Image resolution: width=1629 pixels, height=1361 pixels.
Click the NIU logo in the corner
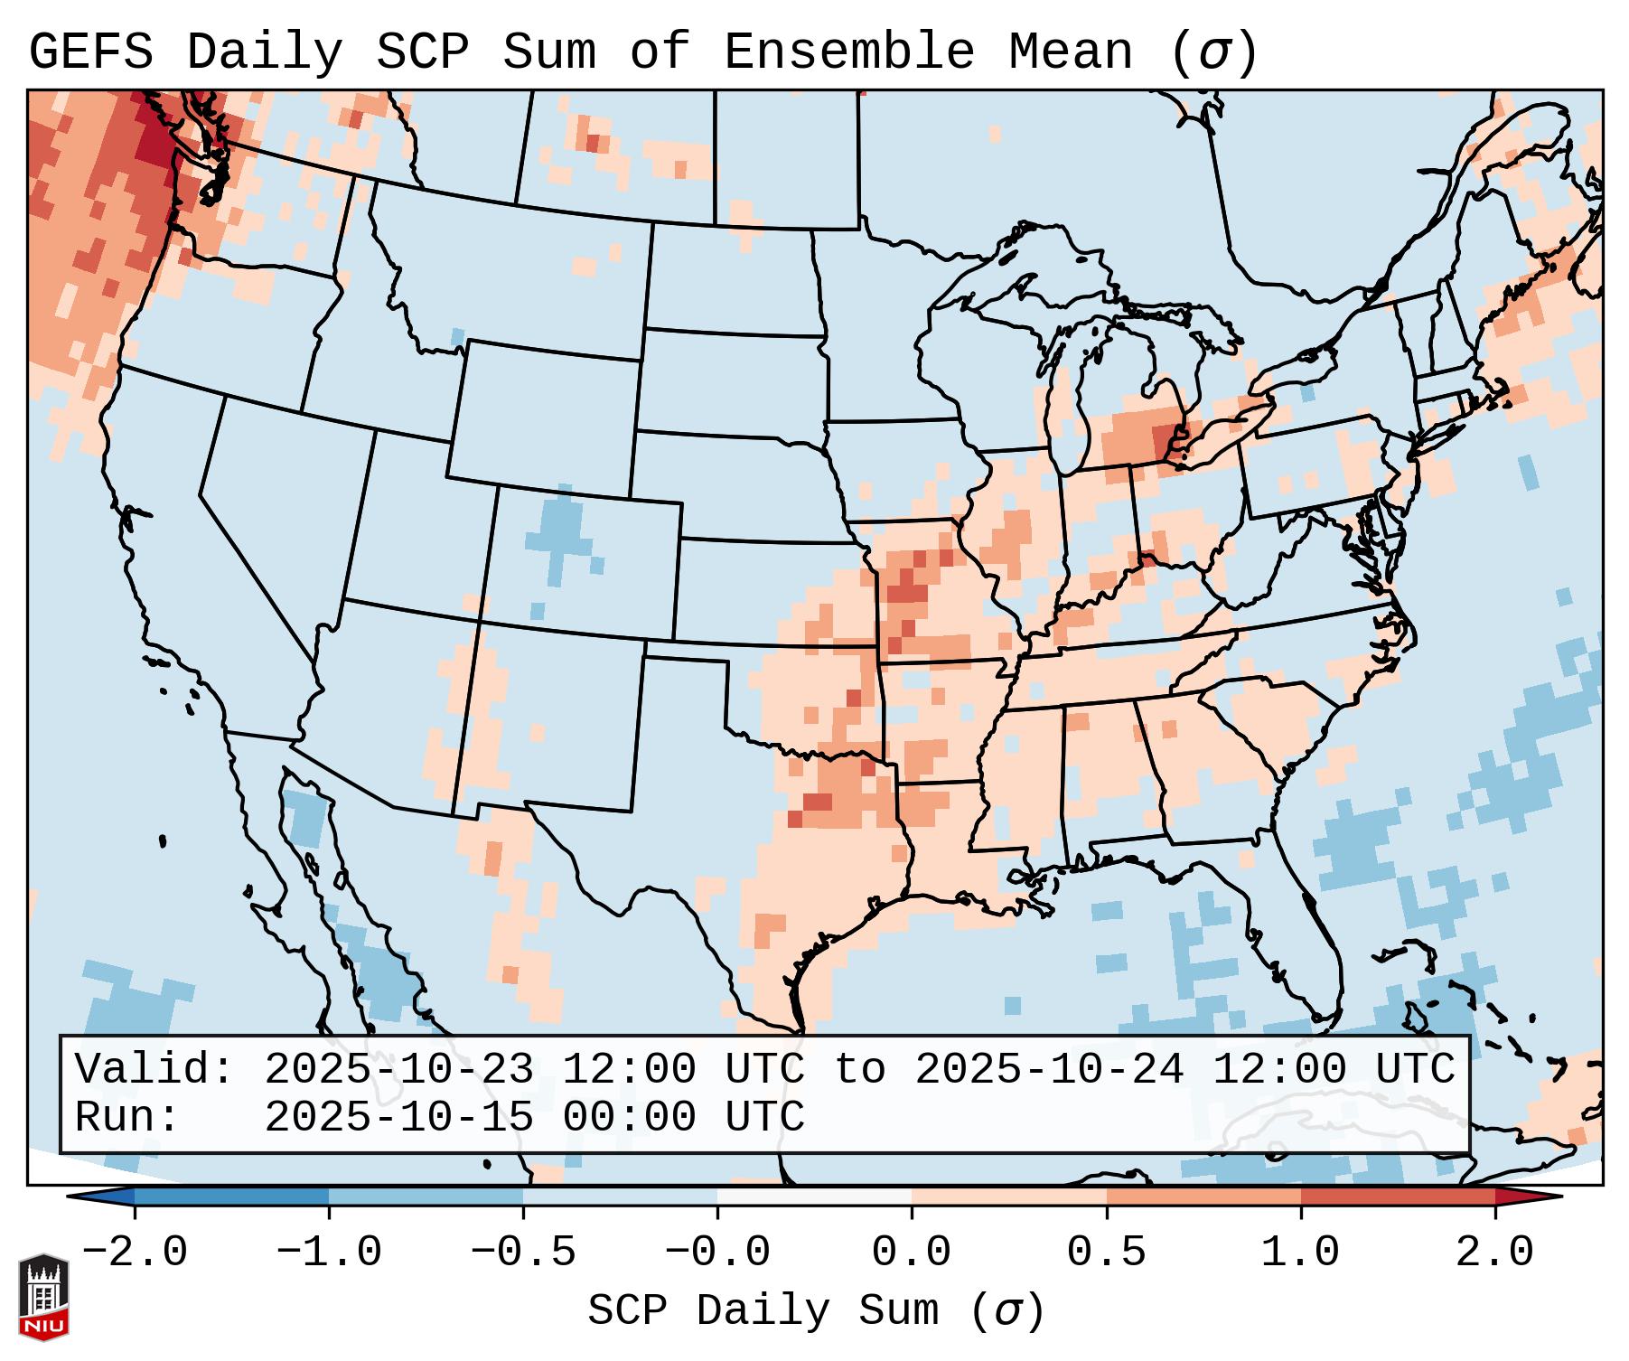click(43, 1296)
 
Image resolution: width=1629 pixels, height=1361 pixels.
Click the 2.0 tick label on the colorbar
click(1494, 1253)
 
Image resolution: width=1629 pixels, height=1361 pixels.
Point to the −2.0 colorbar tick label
click(135, 1253)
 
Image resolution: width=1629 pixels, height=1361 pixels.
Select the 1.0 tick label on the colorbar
click(1300, 1253)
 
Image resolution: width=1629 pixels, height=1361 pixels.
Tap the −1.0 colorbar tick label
click(329, 1253)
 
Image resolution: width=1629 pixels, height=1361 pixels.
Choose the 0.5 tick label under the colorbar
click(1106, 1253)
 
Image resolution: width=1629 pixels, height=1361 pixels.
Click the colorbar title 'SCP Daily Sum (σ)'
click(816, 1310)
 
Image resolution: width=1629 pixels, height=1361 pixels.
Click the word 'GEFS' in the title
click(91, 52)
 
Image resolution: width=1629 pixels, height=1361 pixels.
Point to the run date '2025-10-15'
click(398, 1117)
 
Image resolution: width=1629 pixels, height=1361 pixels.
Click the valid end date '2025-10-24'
click(1049, 1069)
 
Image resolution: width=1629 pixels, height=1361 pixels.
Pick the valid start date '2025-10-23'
click(398, 1069)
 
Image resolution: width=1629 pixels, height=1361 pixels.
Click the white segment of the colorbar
click(814, 1197)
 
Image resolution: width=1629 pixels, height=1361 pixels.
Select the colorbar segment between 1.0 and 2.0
click(1397, 1197)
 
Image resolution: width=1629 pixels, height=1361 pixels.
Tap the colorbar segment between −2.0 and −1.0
click(231, 1197)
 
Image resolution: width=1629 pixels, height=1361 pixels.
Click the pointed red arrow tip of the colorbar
click(1536, 1197)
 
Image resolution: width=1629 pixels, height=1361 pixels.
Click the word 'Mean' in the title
click(1071, 52)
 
